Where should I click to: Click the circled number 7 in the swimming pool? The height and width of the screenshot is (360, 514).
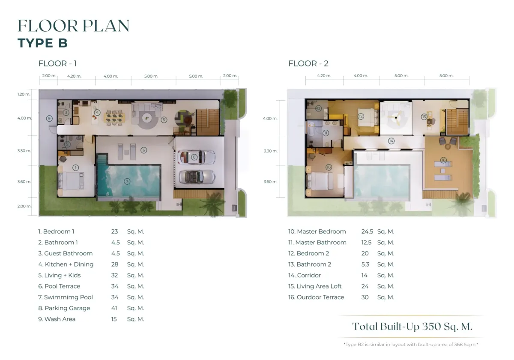coord(127,181)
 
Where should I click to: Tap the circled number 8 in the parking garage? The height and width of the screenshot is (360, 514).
coord(194,157)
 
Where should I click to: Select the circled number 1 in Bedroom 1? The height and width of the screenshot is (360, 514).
coord(75,168)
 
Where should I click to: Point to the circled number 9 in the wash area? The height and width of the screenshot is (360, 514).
coord(49,119)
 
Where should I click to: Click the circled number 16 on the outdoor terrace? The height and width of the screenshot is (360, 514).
coord(443,160)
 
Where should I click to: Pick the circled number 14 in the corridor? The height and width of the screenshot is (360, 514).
coord(391,141)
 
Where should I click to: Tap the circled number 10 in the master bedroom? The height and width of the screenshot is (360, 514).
coord(329,167)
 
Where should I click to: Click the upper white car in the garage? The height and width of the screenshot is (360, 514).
coord(196,157)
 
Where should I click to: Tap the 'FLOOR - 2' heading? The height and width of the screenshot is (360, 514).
coord(308,63)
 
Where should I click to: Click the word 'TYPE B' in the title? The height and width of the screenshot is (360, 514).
coord(42,43)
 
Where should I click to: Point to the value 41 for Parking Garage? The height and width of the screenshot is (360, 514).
coord(114,308)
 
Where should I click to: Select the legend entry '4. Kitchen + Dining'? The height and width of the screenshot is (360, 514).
coord(66,264)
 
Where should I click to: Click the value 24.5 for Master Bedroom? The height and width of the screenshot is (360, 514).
coord(367,231)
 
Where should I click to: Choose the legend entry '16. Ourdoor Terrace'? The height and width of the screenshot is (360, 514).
coord(316,297)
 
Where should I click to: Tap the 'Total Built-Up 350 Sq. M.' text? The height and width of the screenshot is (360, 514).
coord(412,327)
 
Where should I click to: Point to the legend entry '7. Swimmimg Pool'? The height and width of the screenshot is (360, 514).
coord(66,297)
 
